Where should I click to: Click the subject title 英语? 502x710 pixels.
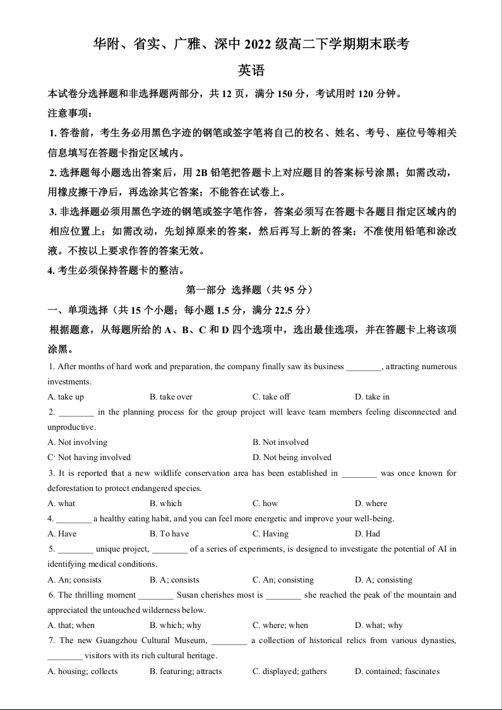point(251,70)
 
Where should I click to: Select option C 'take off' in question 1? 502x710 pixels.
point(272,397)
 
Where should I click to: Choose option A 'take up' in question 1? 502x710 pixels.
point(66,397)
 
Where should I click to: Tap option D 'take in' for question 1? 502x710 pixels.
point(372,397)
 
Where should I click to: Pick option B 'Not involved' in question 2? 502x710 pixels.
point(281,442)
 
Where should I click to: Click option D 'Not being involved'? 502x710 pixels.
point(292,458)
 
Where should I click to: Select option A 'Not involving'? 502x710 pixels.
point(78,442)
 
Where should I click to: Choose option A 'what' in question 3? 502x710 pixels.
point(61,504)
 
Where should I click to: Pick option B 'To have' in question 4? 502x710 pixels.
point(169,534)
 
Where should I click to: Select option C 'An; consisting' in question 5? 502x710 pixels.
point(283,580)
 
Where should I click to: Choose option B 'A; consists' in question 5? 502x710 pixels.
point(174,580)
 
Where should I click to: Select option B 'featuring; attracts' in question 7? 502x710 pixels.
point(186,672)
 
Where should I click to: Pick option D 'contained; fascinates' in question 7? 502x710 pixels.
point(397,672)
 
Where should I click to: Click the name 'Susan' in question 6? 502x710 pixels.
point(188,595)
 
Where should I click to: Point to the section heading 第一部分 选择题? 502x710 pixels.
point(250,290)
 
